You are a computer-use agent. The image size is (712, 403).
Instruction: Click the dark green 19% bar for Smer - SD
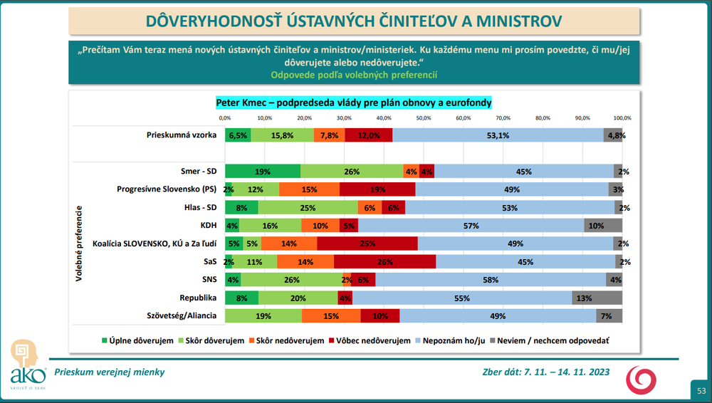pyautogui.click(x=263, y=172)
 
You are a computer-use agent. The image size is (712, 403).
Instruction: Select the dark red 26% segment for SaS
pyautogui.click(x=384, y=262)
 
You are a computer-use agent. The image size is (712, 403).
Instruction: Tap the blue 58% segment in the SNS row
pyautogui.click(x=490, y=280)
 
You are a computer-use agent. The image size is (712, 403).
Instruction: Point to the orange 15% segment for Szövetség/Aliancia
pyautogui.click(x=331, y=316)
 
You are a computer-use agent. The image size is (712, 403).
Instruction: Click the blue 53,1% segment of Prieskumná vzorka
pyautogui.click(x=498, y=135)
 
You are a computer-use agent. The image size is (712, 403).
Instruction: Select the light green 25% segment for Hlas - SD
pyautogui.click(x=308, y=207)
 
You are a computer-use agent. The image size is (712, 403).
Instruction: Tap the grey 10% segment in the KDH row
pyautogui.click(x=603, y=226)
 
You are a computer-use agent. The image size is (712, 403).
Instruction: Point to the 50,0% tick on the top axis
pyautogui.click(x=424, y=117)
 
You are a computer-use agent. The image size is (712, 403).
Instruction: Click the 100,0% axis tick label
pyautogui.click(x=622, y=117)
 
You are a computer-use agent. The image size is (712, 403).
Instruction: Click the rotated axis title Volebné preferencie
pyautogui.click(x=80, y=244)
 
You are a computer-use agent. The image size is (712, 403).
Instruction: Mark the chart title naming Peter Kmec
pyautogui.click(x=354, y=103)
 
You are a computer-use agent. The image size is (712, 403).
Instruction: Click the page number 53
pyautogui.click(x=701, y=390)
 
